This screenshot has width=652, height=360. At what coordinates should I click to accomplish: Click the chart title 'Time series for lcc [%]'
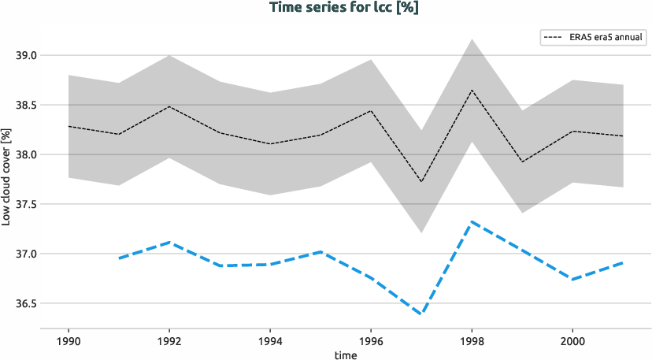326,8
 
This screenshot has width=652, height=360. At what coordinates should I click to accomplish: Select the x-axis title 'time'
346,354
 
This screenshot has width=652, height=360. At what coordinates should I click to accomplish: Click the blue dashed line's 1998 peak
471,221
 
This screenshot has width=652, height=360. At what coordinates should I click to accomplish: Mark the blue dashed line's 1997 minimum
421,314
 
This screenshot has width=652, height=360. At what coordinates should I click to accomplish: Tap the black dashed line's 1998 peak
471,90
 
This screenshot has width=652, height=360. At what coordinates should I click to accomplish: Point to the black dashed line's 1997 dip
421,182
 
